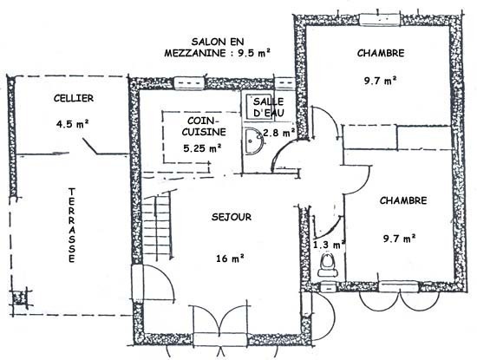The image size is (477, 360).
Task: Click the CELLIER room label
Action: click(x=74, y=98)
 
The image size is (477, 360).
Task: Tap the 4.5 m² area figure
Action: click(x=72, y=124)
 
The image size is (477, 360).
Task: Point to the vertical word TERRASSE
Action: click(x=72, y=226)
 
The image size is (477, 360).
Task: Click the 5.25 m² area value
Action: click(x=202, y=148)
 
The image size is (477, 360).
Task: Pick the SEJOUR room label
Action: click(x=232, y=217)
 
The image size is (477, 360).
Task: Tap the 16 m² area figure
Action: click(x=231, y=259)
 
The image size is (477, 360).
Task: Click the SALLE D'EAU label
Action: click(x=269, y=107)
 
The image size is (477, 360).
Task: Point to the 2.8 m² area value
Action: click(x=278, y=133)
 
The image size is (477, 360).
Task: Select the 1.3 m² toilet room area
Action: click(x=329, y=245)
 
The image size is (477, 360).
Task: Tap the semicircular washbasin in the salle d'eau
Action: click(x=253, y=141)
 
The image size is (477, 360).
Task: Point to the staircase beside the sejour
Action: click(x=156, y=226)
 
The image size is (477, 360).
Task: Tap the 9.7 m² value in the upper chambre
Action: click(x=380, y=81)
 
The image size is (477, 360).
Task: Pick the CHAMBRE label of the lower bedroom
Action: click(x=403, y=200)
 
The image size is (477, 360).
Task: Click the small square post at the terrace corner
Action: click(x=20, y=297)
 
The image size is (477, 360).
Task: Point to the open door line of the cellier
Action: click(x=89, y=146)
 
